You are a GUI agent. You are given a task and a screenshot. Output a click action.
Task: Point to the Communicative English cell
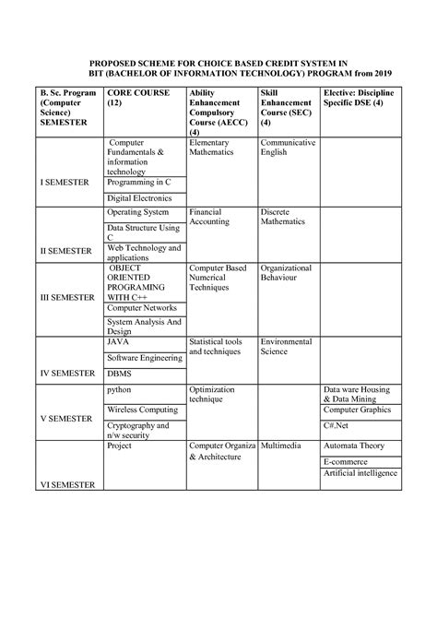pos(287,148)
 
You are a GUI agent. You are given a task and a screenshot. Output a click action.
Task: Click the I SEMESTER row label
pos(65,183)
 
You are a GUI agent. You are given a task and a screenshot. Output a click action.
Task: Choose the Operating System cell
pos(138,213)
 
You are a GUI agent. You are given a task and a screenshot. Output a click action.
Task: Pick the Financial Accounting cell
pos(211,218)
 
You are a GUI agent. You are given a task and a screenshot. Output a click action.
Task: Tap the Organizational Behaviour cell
pos(287,273)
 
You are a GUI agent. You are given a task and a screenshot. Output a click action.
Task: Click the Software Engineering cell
pos(144,357)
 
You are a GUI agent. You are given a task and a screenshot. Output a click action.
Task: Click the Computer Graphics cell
pos(362,410)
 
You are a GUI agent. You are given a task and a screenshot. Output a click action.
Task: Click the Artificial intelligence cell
pos(360,473)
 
